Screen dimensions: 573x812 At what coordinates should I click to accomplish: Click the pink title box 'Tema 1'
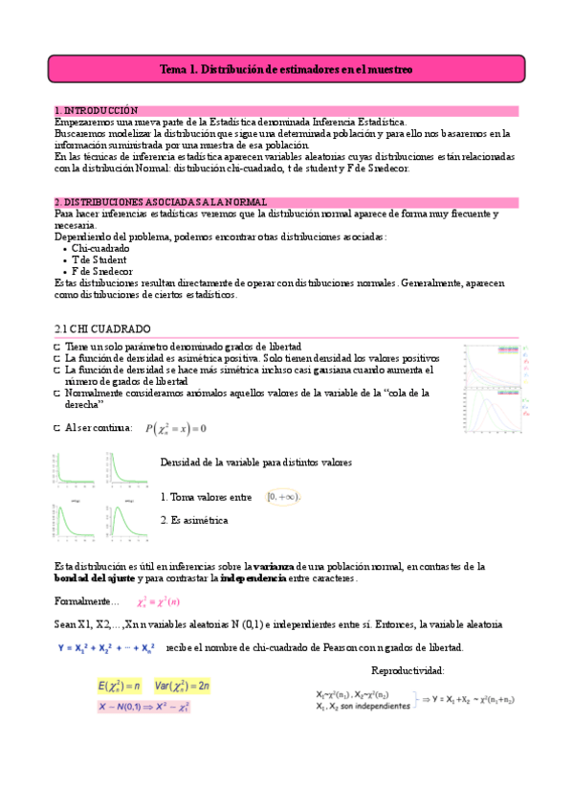coord(286,70)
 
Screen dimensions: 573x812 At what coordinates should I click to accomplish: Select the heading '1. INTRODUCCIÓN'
coord(97,111)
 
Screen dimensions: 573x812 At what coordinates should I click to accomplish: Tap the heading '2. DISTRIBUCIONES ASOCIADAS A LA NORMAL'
coord(161,202)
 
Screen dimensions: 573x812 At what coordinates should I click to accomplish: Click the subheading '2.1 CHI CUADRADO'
coord(99,328)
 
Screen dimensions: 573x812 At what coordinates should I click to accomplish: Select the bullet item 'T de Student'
coord(99,259)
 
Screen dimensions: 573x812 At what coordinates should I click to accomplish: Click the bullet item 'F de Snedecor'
coord(102,271)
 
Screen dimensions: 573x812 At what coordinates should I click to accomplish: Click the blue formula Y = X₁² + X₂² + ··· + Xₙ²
coord(104,647)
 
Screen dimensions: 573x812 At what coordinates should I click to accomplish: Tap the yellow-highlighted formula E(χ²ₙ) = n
coord(120,686)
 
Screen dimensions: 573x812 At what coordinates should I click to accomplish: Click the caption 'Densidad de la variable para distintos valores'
coord(256,462)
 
